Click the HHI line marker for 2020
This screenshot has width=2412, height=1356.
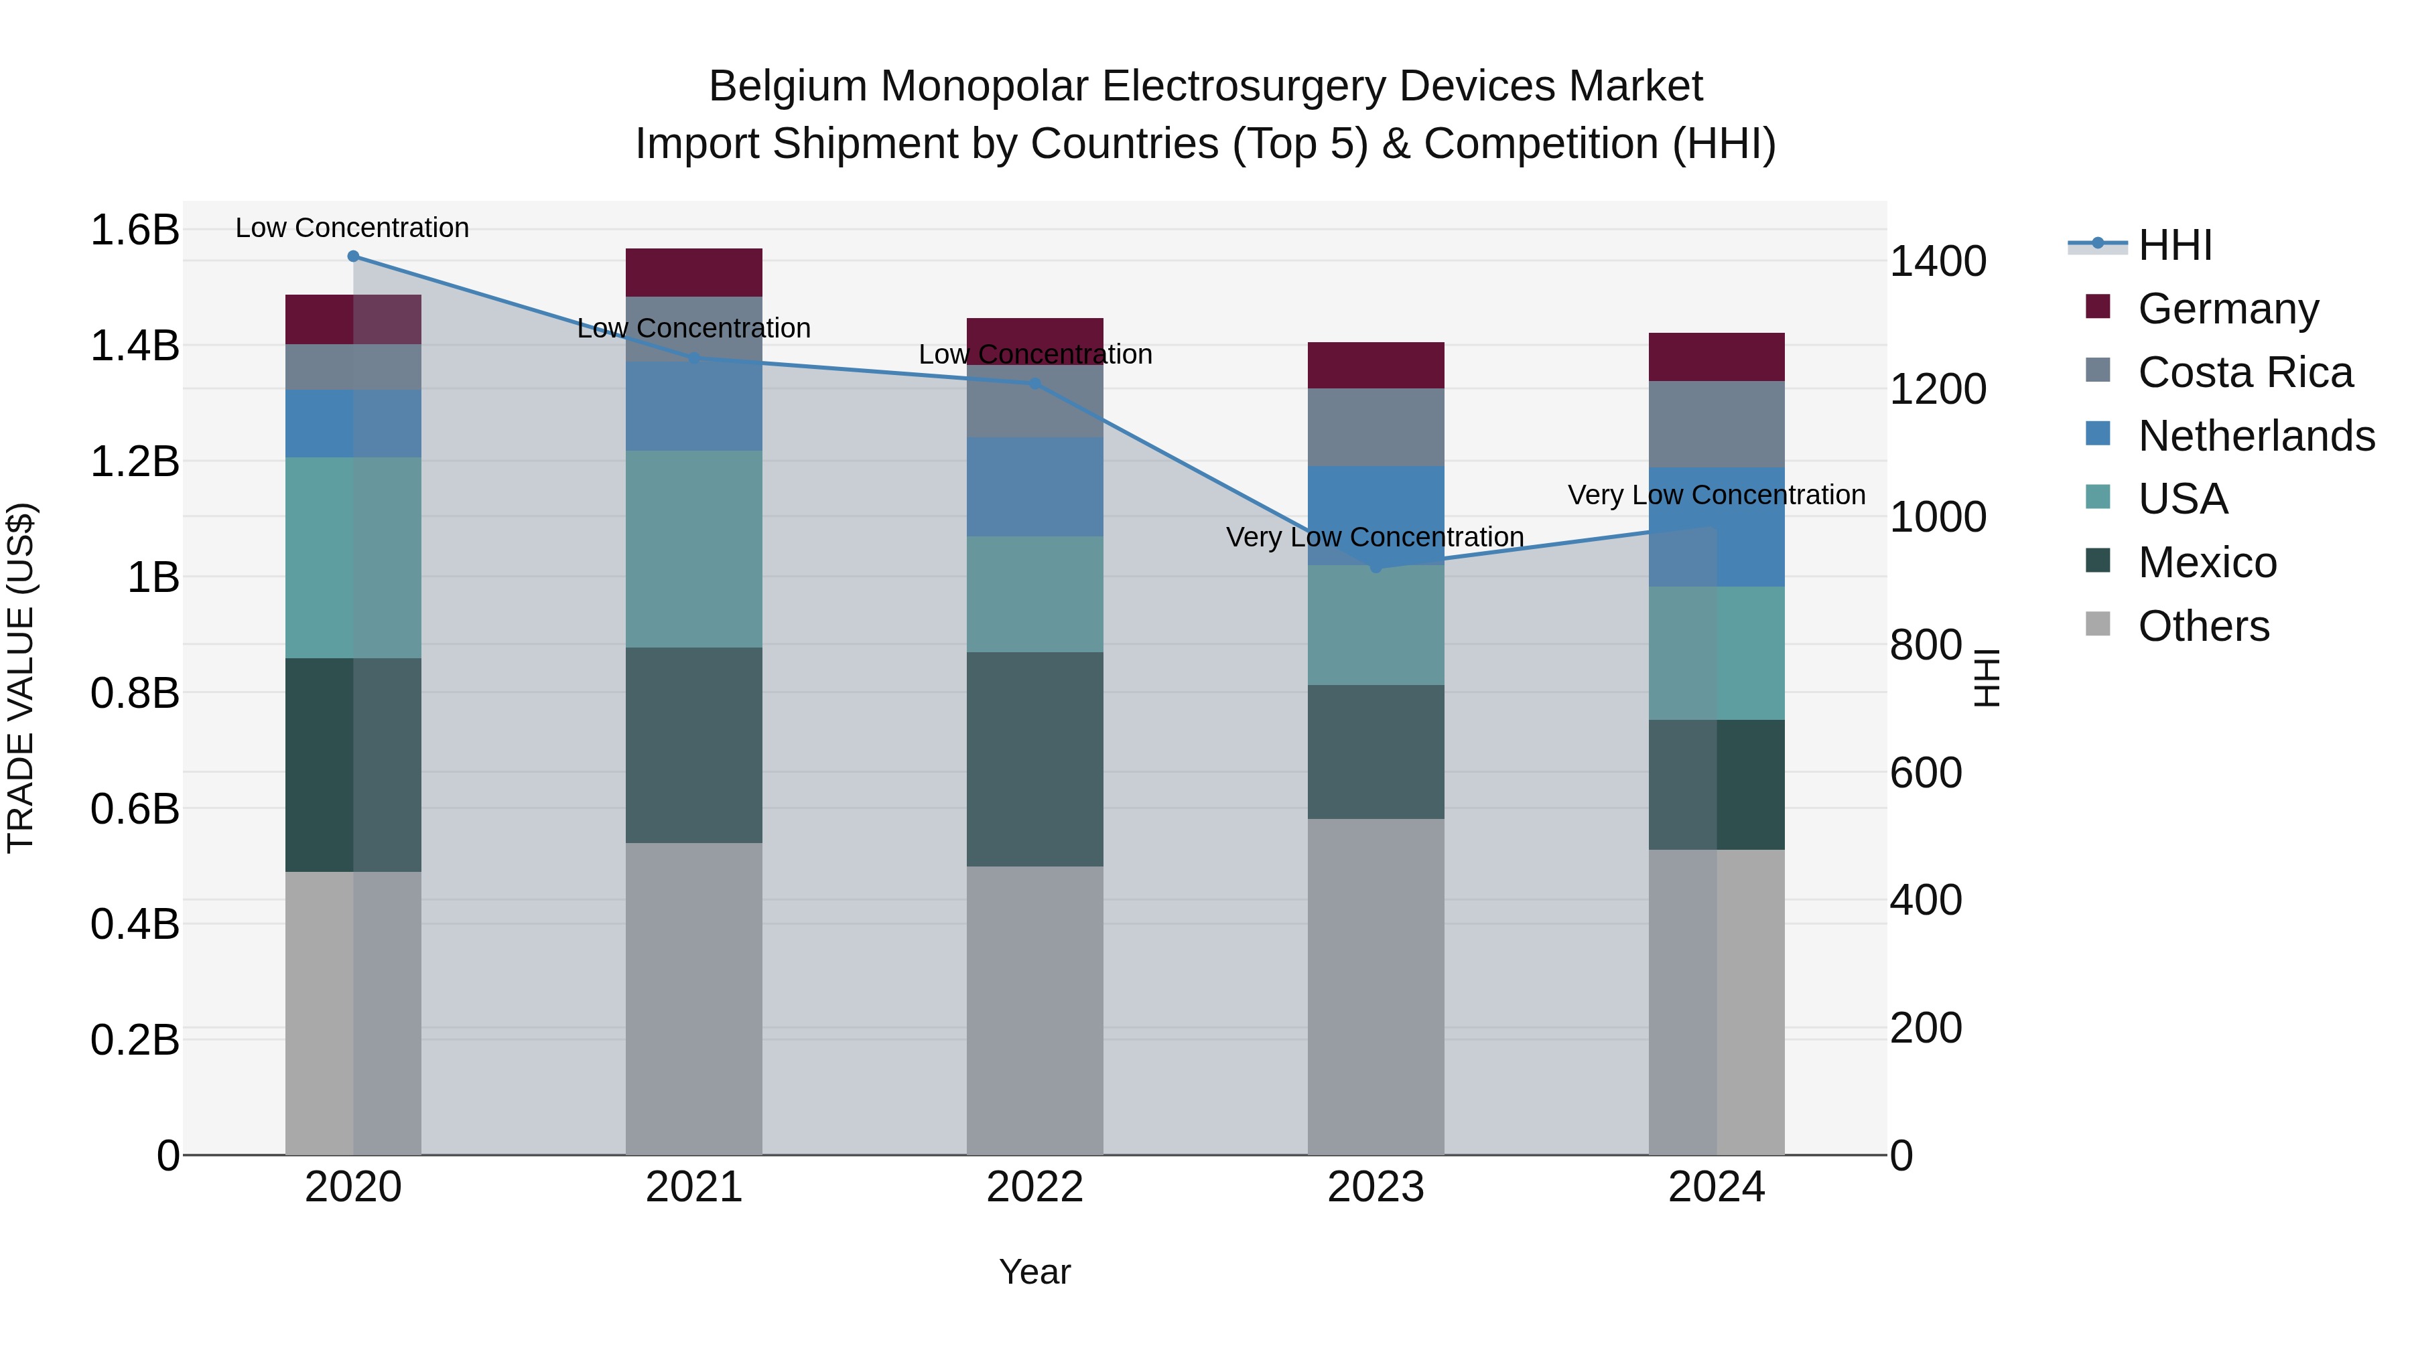pos(353,256)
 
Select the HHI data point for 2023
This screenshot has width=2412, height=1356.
pos(1376,567)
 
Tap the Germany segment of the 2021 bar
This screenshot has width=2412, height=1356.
pos(694,273)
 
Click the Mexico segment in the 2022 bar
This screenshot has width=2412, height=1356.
pos(1034,759)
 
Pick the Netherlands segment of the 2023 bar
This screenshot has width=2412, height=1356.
pos(1376,515)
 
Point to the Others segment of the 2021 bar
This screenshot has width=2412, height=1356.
pos(694,998)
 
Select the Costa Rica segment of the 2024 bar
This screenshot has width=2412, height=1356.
pos(1717,424)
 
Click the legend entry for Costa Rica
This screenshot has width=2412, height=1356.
pos(2244,372)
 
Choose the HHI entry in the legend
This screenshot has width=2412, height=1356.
pos(2174,245)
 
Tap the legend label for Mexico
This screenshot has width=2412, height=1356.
pos(2207,562)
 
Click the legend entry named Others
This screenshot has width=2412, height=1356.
pos(2203,626)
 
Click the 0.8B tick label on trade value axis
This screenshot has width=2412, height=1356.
pos(135,694)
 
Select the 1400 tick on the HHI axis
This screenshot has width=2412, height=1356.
pos(1937,261)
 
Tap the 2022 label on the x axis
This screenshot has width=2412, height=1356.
pos(1034,1187)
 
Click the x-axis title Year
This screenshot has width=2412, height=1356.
pos(1034,1272)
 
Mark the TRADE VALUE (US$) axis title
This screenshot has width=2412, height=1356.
pos(21,678)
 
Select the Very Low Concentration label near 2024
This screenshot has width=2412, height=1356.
pos(1717,494)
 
